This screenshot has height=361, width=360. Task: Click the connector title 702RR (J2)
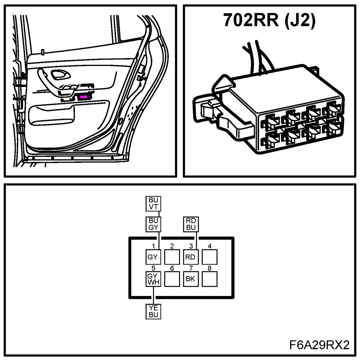coord(269,20)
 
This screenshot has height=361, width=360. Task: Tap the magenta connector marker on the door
coord(84,97)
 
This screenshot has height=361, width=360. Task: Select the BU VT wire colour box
coord(153,203)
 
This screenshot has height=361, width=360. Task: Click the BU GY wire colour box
coord(153,224)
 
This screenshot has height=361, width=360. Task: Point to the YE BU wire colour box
coord(153,311)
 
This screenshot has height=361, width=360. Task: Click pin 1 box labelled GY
coord(153,257)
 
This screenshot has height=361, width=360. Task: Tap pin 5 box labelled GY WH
coord(153,279)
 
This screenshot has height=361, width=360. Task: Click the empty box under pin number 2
coord(172,257)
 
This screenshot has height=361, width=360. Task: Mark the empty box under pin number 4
coord(209,257)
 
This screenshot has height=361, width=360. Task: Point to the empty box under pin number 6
coord(172,279)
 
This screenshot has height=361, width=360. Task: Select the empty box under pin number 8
coord(209,279)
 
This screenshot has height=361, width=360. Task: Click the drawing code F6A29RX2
coord(320,345)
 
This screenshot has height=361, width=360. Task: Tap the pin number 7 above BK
coord(191,268)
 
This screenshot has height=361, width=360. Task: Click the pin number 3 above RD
coord(191,246)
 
